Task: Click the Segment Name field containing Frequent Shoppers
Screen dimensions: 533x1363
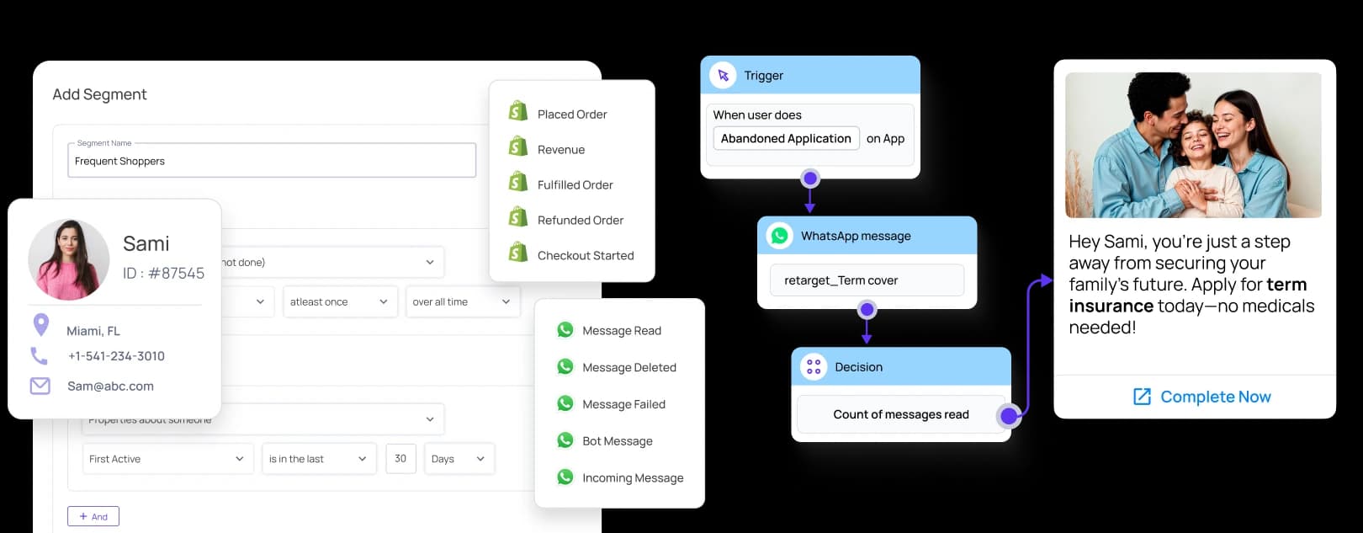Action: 271,161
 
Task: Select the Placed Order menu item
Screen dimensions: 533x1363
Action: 572,115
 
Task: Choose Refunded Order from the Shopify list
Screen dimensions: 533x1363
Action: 580,221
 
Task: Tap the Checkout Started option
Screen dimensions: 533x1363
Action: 585,256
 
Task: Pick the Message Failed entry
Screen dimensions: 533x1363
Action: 623,404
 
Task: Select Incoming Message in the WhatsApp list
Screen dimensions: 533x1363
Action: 632,478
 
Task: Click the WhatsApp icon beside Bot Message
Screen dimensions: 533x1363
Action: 565,440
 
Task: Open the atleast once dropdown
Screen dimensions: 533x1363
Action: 339,301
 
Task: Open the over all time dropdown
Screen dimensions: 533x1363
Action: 461,301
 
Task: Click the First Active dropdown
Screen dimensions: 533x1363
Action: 167,459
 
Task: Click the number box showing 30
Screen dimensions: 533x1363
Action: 400,459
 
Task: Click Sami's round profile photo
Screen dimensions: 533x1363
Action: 69,260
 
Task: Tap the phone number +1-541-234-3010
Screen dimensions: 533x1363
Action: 116,356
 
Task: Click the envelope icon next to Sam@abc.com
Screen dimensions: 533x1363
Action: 40,386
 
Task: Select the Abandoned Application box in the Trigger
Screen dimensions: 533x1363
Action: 786,139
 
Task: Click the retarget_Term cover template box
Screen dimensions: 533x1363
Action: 867,280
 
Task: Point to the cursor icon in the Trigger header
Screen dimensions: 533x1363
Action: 723,76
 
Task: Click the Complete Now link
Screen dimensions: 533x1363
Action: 1202,397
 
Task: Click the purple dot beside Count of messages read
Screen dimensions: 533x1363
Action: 1009,415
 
